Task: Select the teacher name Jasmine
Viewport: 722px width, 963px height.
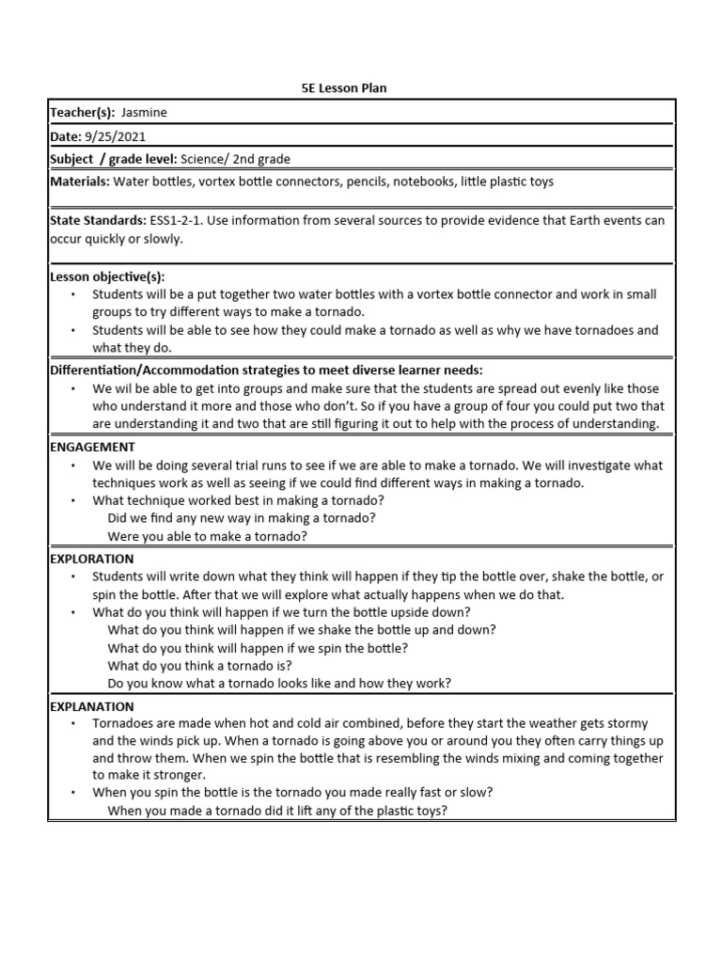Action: (x=144, y=113)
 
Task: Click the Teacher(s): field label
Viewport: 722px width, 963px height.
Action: (x=83, y=113)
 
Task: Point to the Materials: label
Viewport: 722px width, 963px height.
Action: (x=79, y=182)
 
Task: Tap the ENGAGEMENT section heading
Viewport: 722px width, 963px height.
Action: (x=92, y=448)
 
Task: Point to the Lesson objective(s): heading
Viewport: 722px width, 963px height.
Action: (x=107, y=276)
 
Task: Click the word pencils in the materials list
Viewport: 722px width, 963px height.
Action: (x=367, y=182)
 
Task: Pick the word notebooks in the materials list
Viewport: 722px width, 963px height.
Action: (x=425, y=182)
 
